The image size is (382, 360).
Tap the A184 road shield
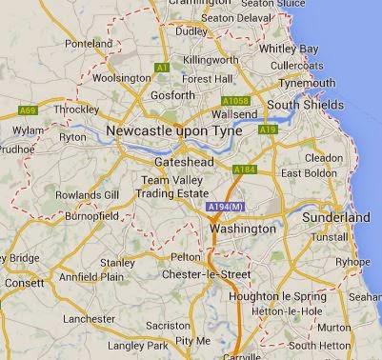point(244,171)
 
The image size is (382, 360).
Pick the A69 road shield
point(28,111)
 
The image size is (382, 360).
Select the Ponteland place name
point(90,44)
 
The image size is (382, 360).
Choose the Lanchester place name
point(89,318)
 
